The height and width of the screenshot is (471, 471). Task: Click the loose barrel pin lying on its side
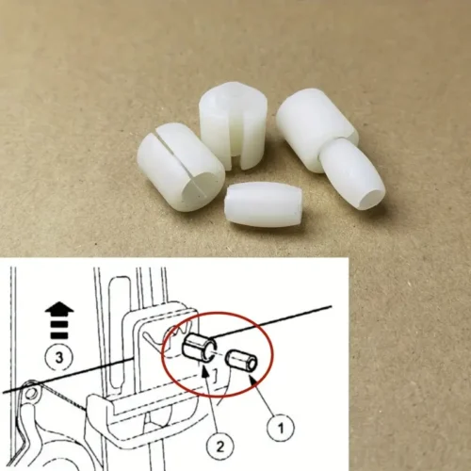[x=264, y=205]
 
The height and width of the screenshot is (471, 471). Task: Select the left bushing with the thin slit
[x=180, y=167]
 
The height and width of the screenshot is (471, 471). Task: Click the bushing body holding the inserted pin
[x=316, y=128]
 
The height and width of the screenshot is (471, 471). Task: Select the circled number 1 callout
[x=281, y=428]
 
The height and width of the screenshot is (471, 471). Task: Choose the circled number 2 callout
[x=219, y=447]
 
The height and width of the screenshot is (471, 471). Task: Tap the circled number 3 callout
[x=59, y=357]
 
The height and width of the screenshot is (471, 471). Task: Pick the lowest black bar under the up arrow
[x=59, y=334]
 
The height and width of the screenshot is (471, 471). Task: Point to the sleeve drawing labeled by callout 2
[x=200, y=348]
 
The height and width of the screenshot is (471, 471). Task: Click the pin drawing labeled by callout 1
[x=242, y=362]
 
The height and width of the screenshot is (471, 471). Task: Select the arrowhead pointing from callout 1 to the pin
[x=252, y=379]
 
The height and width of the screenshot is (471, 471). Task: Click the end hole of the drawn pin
[x=252, y=365]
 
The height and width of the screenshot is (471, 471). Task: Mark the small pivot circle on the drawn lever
[x=31, y=393]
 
